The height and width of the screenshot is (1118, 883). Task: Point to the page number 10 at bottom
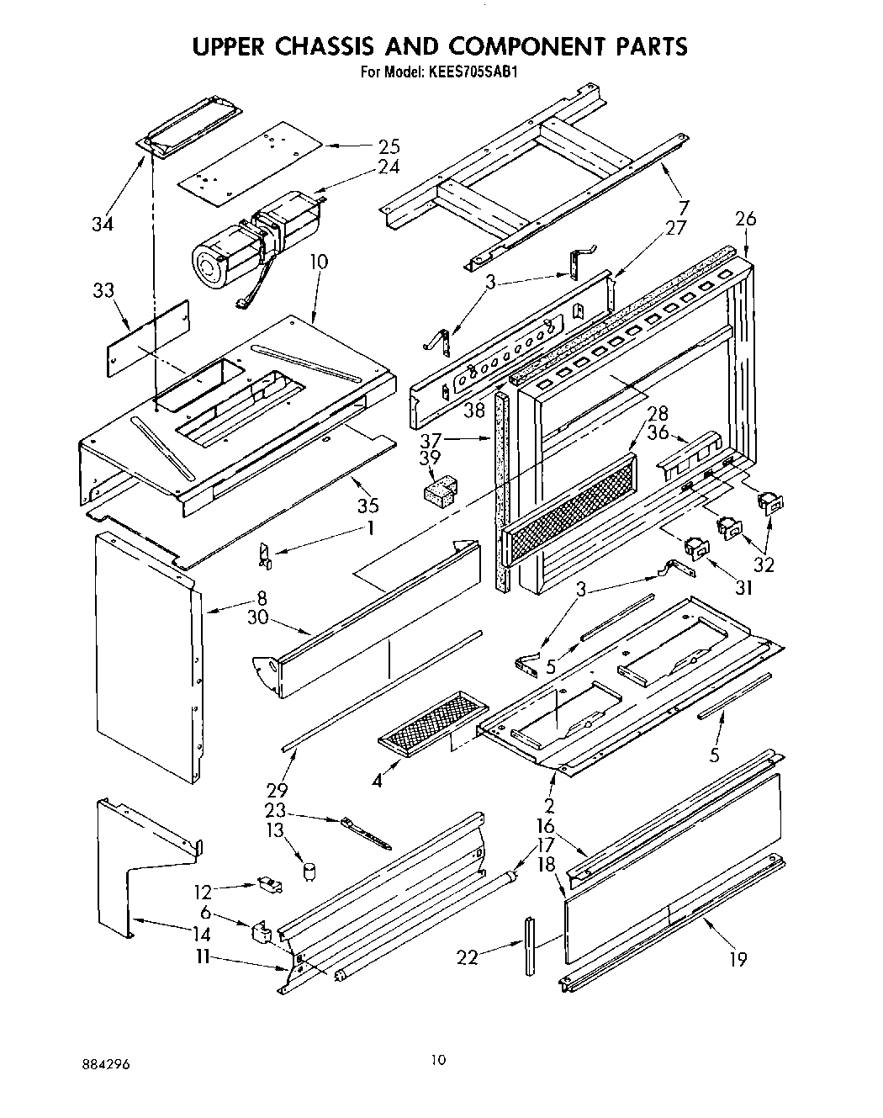tap(437, 1060)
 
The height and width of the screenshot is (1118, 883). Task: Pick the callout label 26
tap(745, 220)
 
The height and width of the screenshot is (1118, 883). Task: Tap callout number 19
tap(738, 958)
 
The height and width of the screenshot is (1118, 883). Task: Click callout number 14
tap(200, 934)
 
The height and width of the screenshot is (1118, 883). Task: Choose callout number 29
tap(276, 790)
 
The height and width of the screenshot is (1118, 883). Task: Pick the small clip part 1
tap(264, 554)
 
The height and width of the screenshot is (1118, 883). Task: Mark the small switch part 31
tap(695, 548)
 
